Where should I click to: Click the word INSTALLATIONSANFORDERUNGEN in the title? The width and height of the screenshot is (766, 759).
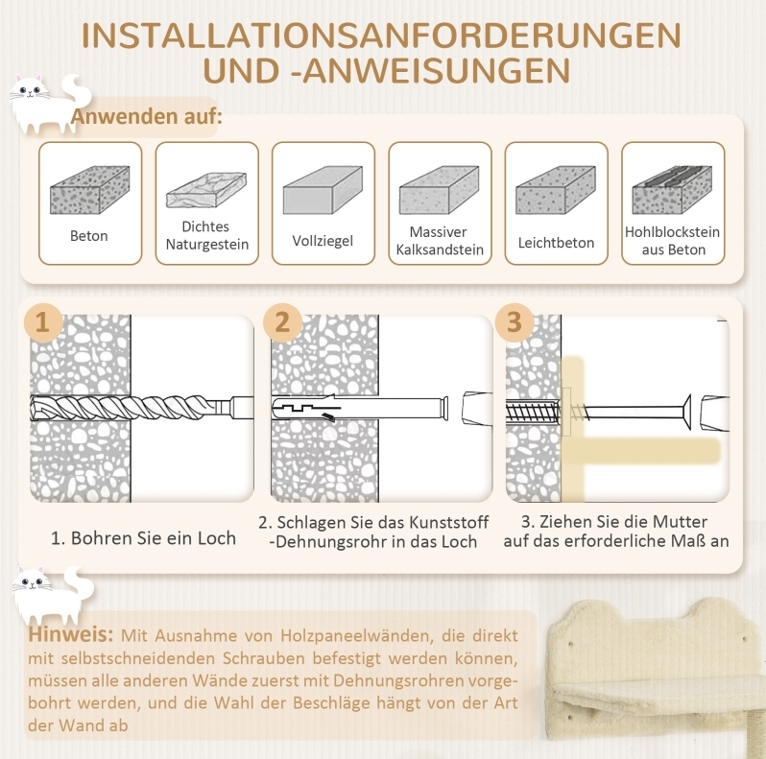(x=381, y=36)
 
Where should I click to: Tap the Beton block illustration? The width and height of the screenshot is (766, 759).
(x=90, y=190)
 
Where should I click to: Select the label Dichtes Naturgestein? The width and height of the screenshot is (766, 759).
(x=206, y=235)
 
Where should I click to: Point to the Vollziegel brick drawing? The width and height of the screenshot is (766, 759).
(x=323, y=190)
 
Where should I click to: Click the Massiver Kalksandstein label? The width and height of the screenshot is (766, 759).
(x=440, y=241)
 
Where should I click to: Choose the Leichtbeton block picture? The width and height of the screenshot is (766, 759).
(x=556, y=190)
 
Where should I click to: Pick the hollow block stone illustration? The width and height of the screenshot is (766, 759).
(x=672, y=190)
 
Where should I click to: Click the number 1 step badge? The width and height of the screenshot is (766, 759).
(x=43, y=321)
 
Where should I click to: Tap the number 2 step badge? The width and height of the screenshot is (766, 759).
(x=282, y=321)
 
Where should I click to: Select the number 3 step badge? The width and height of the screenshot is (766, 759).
(x=514, y=321)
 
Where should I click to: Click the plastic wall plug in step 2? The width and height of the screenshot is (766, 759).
(x=360, y=409)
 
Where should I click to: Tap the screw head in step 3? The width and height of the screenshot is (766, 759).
(x=686, y=413)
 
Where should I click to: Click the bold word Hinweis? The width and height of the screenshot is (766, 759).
(x=70, y=634)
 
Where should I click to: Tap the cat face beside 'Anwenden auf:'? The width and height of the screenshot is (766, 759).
(x=31, y=90)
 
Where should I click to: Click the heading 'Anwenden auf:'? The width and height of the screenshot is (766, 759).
(x=147, y=117)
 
